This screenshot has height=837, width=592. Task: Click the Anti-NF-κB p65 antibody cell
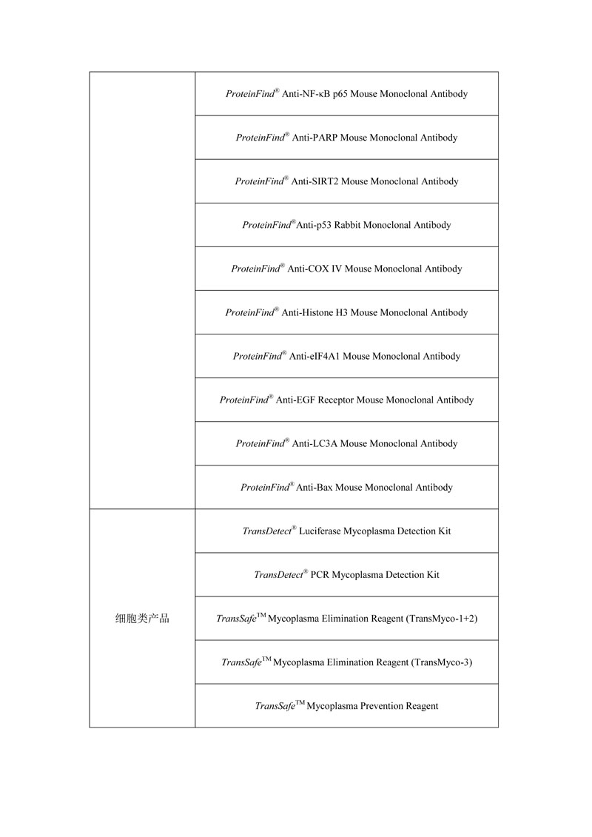pyautogui.click(x=346, y=94)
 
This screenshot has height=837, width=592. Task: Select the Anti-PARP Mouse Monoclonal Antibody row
pyautogui.click(x=346, y=138)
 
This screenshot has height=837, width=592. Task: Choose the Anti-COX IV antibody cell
pyautogui.click(x=346, y=269)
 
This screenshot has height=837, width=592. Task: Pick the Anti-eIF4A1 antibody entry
pyautogui.click(x=346, y=356)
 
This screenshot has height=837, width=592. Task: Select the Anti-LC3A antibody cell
pyautogui.click(x=346, y=443)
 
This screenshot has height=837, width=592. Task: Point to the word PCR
pyautogui.click(x=319, y=574)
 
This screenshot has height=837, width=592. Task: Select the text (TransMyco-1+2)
pyautogui.click(x=442, y=618)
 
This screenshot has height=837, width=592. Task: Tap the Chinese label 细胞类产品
pyautogui.click(x=142, y=618)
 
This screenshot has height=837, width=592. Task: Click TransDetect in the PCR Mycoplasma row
pyautogui.click(x=278, y=574)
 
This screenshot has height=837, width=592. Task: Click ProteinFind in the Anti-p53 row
pyautogui.click(x=266, y=225)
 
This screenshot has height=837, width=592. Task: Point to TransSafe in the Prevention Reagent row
pyautogui.click(x=275, y=705)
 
